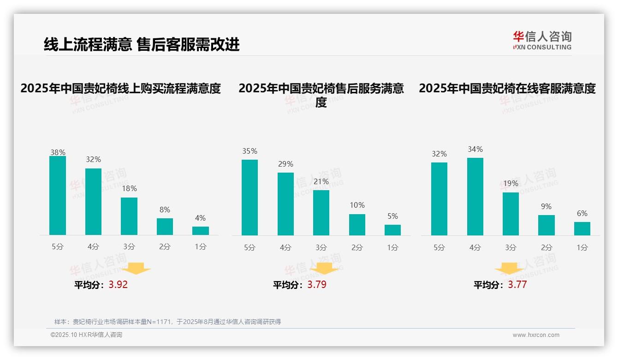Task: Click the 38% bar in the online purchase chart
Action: click(x=58, y=196)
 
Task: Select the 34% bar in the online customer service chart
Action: click(x=475, y=197)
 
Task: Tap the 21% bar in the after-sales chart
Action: click(x=321, y=213)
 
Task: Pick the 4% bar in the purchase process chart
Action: click(x=201, y=231)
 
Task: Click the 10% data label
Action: click(x=357, y=205)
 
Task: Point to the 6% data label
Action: click(x=582, y=213)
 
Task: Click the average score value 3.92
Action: click(x=118, y=285)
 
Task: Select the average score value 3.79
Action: click(x=317, y=285)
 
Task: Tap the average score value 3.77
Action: click(x=517, y=285)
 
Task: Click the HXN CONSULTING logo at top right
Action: click(x=542, y=41)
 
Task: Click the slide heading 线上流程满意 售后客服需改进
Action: click(x=142, y=45)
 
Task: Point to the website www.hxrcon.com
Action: click(x=536, y=335)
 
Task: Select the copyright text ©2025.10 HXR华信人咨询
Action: click(x=86, y=335)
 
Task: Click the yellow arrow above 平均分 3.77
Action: click(x=509, y=268)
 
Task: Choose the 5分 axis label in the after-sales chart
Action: click(x=250, y=247)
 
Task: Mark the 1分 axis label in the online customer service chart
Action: click(x=582, y=247)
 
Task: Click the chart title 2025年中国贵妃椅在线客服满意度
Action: click(x=507, y=88)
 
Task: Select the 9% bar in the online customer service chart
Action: click(x=547, y=225)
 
